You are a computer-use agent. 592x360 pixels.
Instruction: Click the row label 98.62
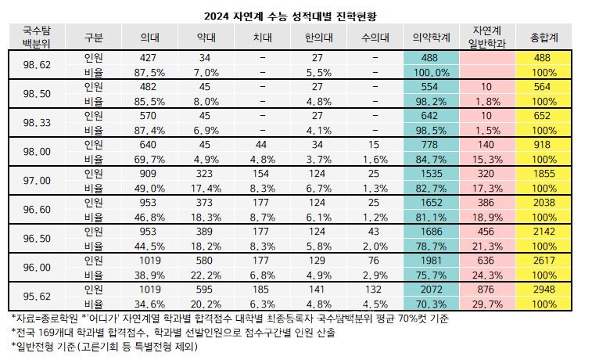(36, 65)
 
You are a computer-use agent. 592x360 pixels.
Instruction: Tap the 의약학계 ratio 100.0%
(432, 72)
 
